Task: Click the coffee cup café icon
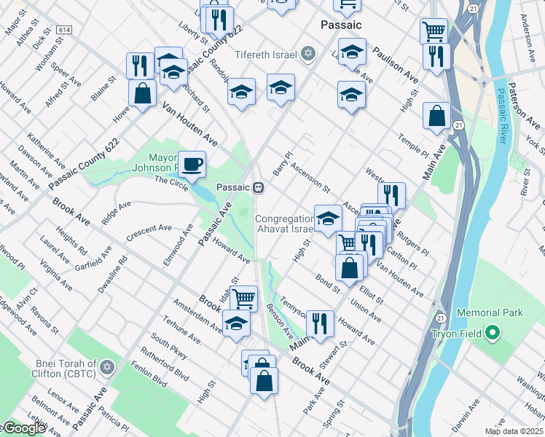pyautogui.click(x=192, y=165)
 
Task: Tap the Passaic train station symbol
pyautogui.click(x=258, y=187)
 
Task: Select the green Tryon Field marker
pyautogui.click(x=493, y=334)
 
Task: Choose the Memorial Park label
pyautogui.click(x=490, y=312)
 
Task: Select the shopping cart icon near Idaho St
pyautogui.click(x=244, y=296)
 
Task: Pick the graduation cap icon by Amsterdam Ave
pyautogui.click(x=236, y=323)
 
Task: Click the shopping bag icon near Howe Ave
pyautogui.click(x=142, y=92)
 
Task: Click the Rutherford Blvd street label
pyautogui.click(x=170, y=363)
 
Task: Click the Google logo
pyautogui.click(x=23, y=428)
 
